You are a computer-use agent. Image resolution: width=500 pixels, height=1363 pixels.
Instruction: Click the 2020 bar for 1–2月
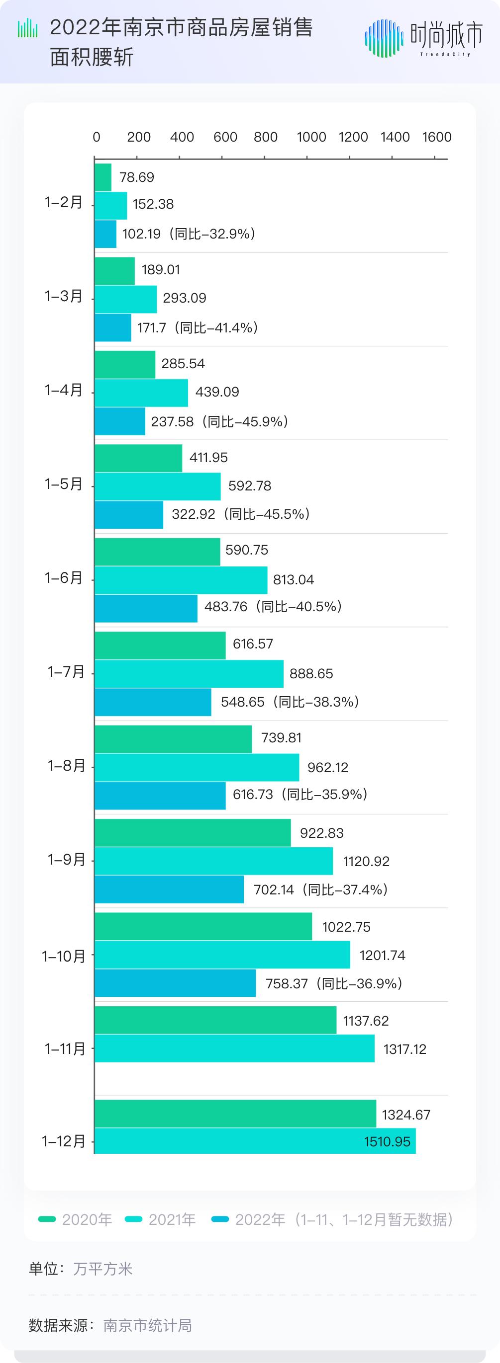click(x=103, y=177)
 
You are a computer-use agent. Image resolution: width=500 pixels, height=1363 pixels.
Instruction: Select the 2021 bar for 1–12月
click(x=255, y=1141)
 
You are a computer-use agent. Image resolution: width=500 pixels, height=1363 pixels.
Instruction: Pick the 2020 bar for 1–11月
click(x=215, y=1020)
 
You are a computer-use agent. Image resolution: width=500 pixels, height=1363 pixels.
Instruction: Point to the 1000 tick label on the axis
click(x=311, y=137)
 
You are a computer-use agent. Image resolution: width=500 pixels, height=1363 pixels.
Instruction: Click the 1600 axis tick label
click(x=436, y=137)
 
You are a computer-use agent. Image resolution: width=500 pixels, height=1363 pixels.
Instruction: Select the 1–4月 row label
click(x=64, y=390)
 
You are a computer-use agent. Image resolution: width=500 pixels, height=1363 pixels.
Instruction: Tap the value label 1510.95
click(x=387, y=1141)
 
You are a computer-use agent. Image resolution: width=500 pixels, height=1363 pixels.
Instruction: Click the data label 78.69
click(x=137, y=177)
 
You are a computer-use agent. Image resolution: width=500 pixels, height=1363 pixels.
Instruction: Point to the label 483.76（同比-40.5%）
click(x=273, y=606)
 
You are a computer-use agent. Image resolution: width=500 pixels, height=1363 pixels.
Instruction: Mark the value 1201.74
click(x=382, y=955)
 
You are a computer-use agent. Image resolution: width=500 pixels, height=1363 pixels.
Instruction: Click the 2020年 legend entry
click(x=75, y=1219)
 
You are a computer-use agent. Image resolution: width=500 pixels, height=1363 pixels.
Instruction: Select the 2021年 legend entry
click(x=161, y=1219)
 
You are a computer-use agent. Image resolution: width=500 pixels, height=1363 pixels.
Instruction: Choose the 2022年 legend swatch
click(x=220, y=1219)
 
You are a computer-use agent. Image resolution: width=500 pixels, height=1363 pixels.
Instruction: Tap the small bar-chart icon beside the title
click(x=27, y=29)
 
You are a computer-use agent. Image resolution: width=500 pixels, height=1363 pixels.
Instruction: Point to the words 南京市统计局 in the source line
click(x=147, y=1325)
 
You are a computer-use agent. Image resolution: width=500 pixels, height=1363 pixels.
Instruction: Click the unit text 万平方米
click(x=103, y=1269)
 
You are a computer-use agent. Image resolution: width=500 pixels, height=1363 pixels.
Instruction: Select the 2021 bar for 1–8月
click(x=197, y=767)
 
